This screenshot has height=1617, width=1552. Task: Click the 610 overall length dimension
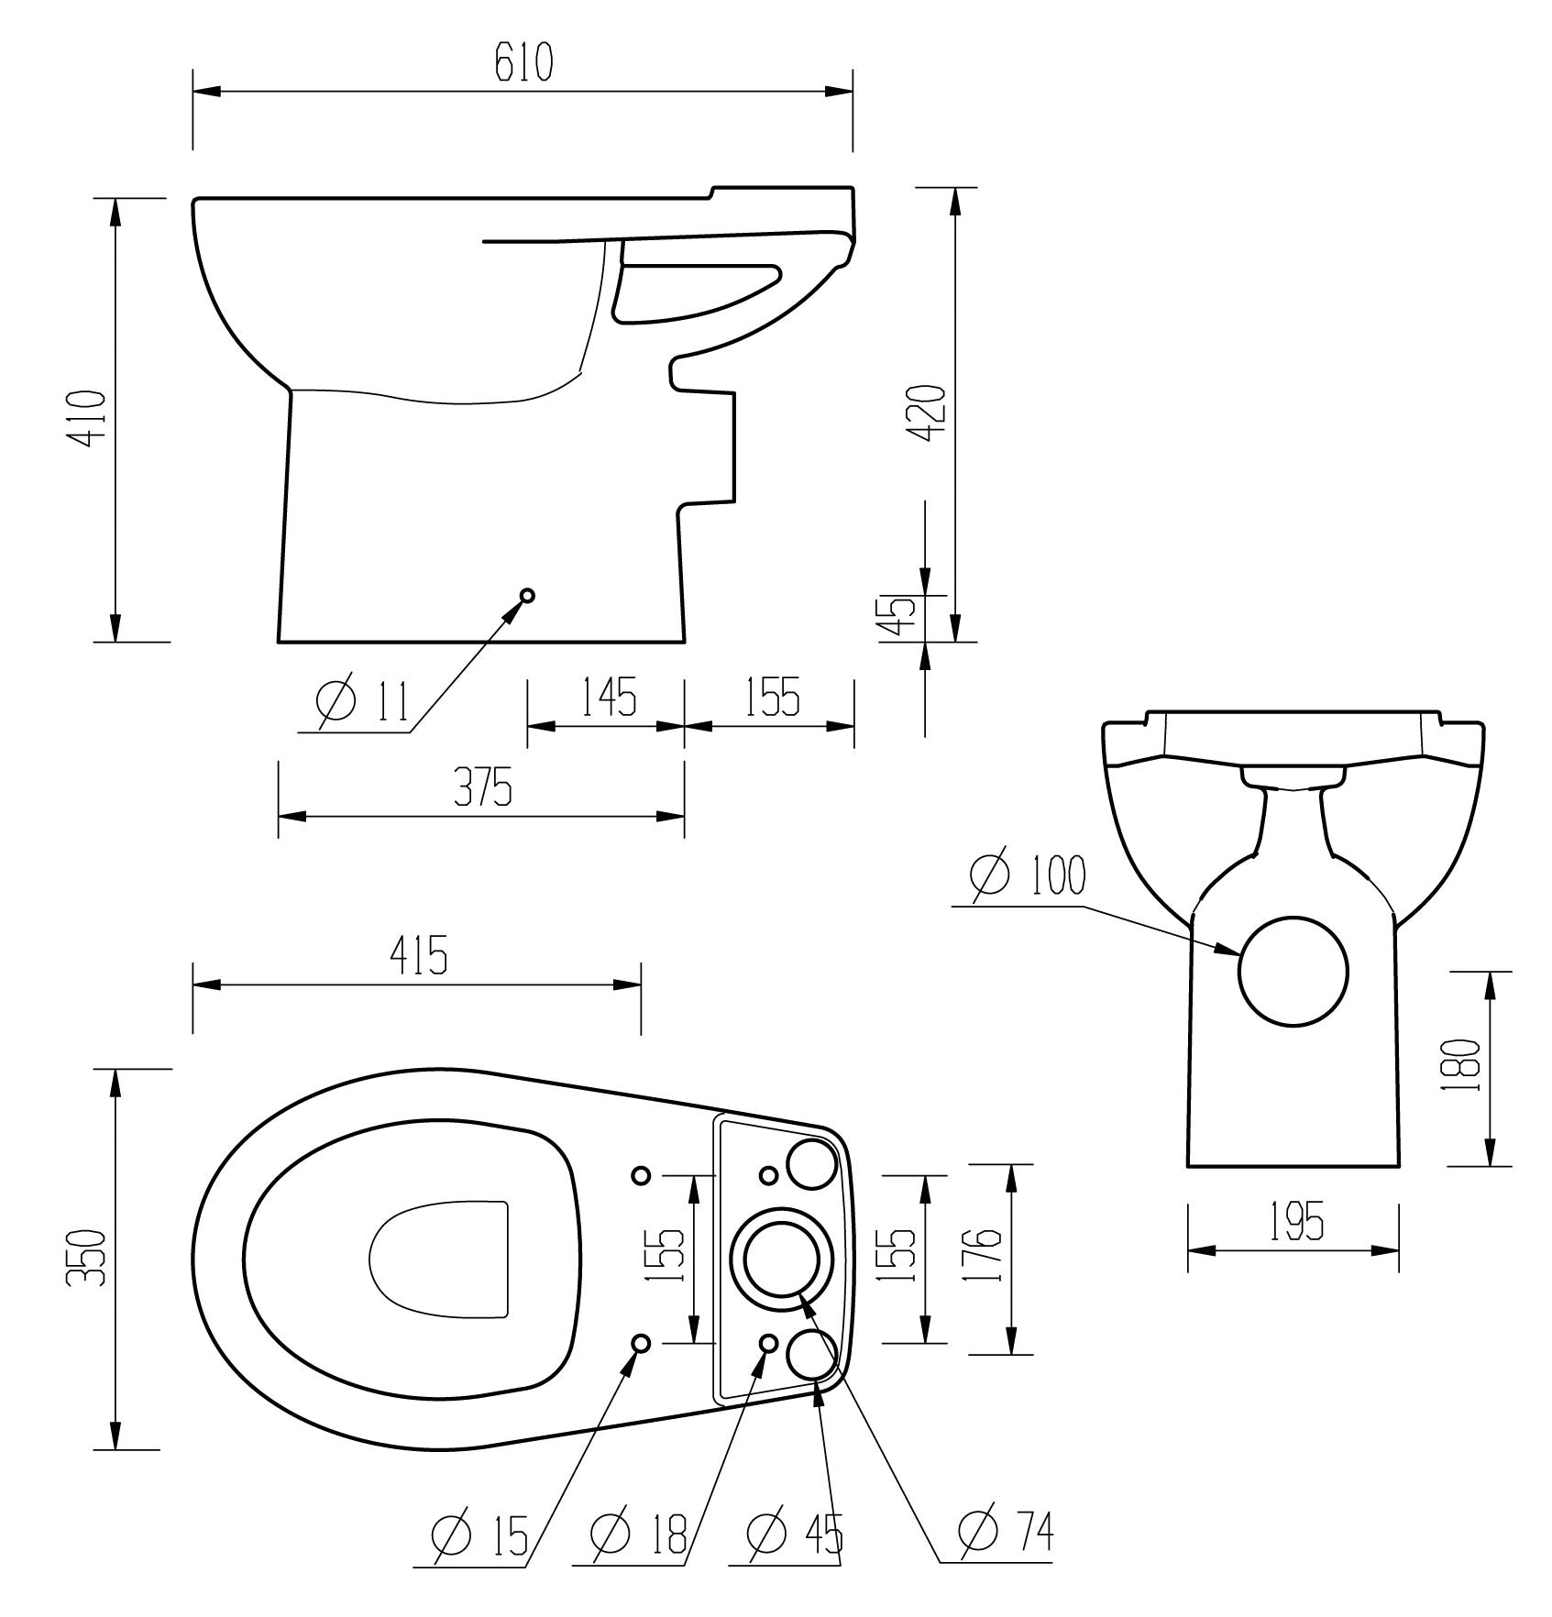[x=524, y=63]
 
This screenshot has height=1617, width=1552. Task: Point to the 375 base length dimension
[x=483, y=789]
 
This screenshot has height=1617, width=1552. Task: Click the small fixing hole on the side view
[x=527, y=596]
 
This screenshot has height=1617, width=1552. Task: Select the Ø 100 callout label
[x=1026, y=875]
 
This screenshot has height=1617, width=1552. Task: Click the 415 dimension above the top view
[x=419, y=956]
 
